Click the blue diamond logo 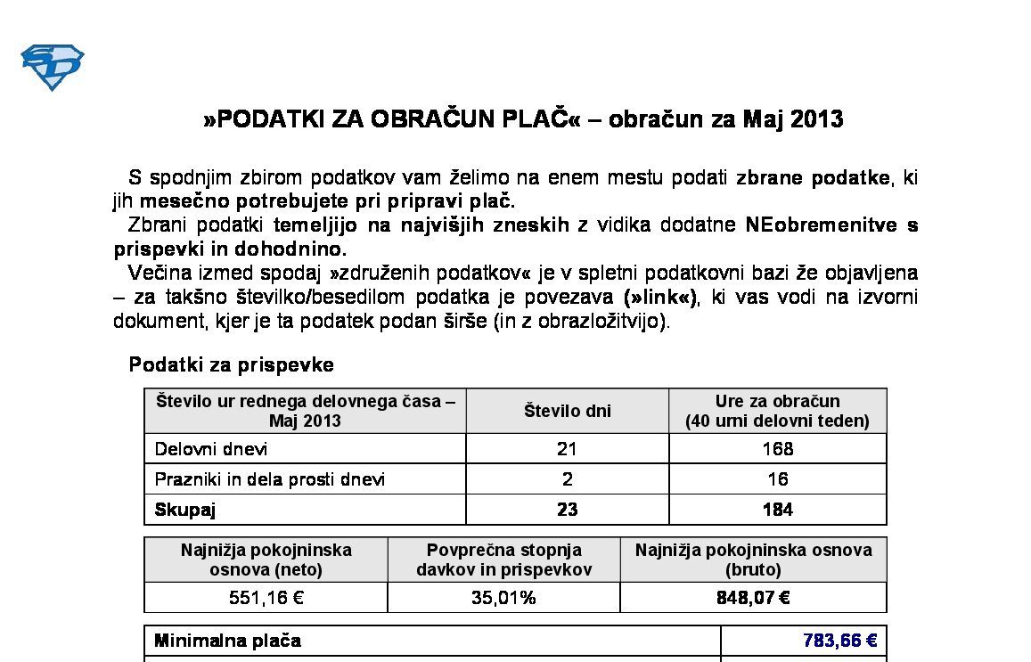(x=52, y=68)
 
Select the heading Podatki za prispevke (x=232, y=364)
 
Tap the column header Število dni (x=567, y=411)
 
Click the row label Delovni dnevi (x=211, y=449)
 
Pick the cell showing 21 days (x=567, y=449)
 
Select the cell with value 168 (x=777, y=449)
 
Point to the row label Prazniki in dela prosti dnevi (x=270, y=479)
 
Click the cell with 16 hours (x=777, y=479)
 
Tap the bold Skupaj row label (x=185, y=510)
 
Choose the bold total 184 (x=777, y=510)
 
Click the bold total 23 (x=567, y=510)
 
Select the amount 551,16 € (x=266, y=598)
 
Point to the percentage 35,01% (x=503, y=598)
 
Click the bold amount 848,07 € (x=753, y=598)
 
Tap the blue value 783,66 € (x=839, y=641)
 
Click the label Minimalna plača (x=227, y=641)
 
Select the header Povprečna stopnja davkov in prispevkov (x=503, y=560)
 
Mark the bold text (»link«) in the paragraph (x=661, y=297)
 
